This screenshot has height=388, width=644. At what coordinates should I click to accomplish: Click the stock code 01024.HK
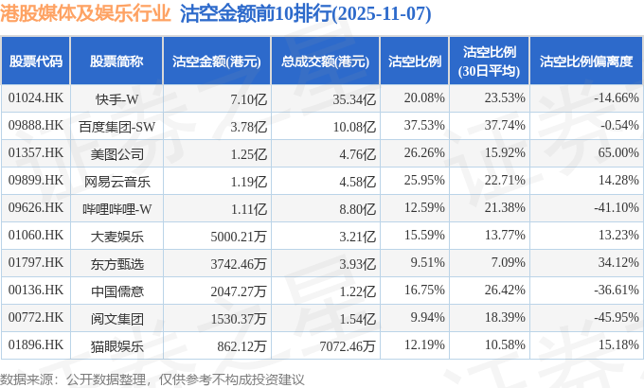(35, 98)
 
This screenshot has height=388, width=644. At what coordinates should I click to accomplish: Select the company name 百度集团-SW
(117, 126)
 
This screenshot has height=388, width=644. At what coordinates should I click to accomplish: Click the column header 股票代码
(35, 62)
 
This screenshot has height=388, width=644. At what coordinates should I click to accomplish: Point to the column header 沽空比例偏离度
(585, 62)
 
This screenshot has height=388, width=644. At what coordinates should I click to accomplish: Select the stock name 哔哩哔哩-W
(117, 208)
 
